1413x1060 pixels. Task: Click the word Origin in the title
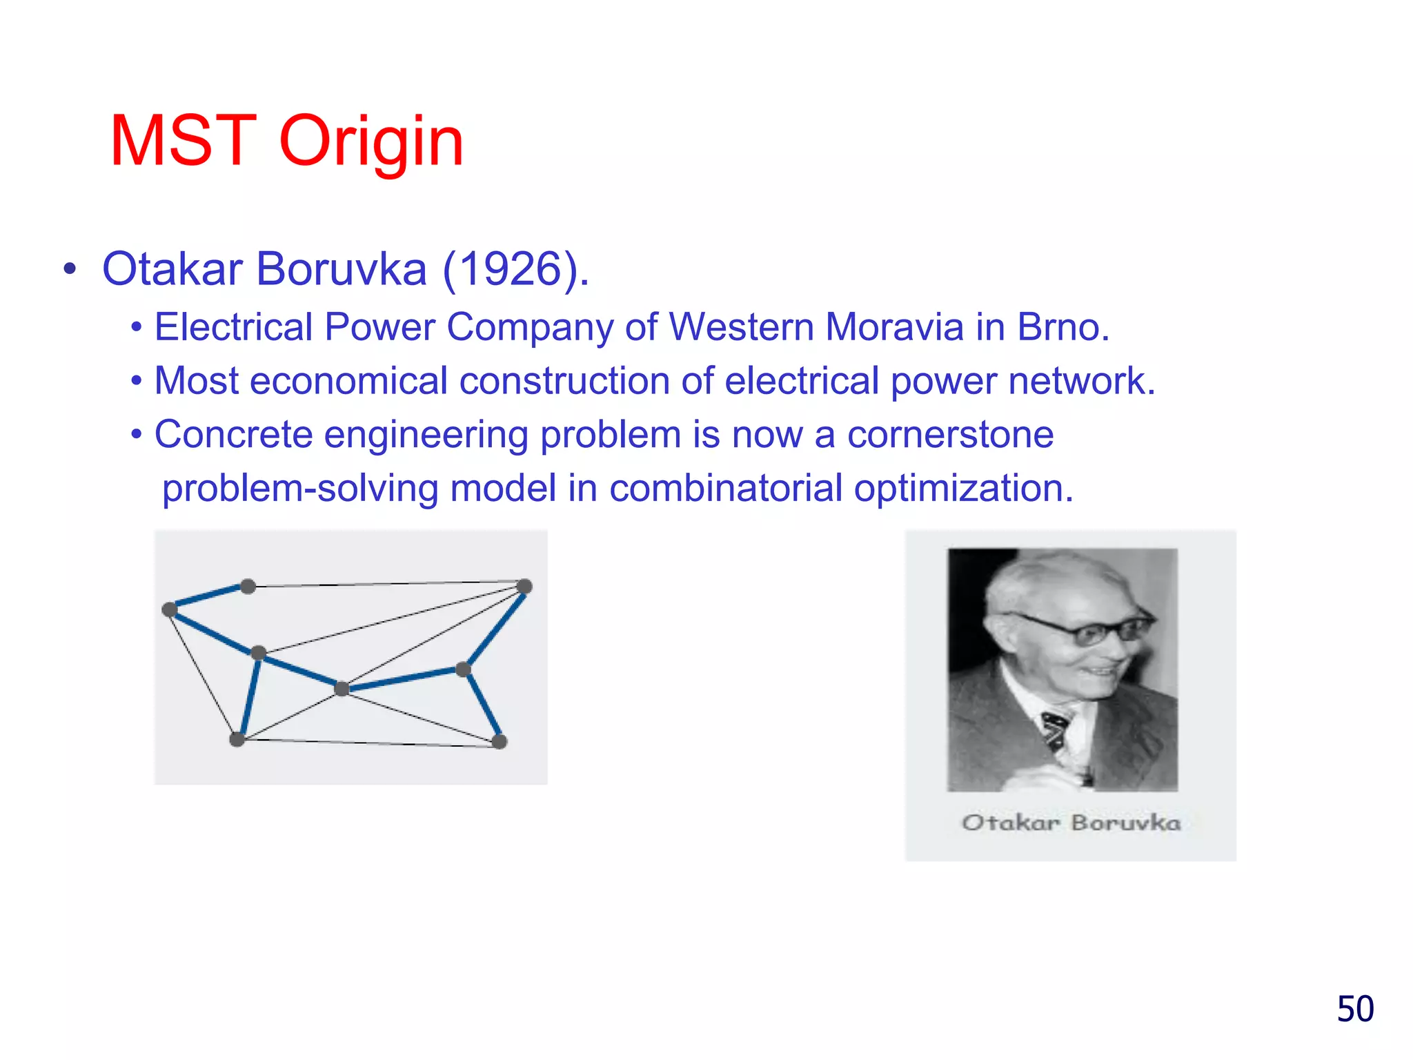tap(371, 142)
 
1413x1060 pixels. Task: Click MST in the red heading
tap(184, 142)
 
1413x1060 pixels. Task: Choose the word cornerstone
tap(950, 435)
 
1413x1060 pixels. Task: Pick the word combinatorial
tap(725, 488)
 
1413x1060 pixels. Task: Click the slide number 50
tap(1355, 1009)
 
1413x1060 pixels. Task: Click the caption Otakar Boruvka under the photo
tap(1071, 823)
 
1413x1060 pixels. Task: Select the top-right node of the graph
tap(524, 587)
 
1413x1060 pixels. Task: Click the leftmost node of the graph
tap(169, 609)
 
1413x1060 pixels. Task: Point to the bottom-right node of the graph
tap(500, 742)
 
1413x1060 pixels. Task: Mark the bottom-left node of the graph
tap(237, 740)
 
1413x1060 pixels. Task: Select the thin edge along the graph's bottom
tap(368, 743)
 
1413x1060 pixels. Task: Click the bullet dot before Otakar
tap(69, 270)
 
